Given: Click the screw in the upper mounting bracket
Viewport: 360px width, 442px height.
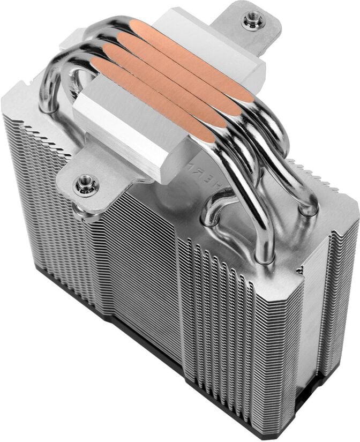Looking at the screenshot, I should [x=252, y=21].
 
